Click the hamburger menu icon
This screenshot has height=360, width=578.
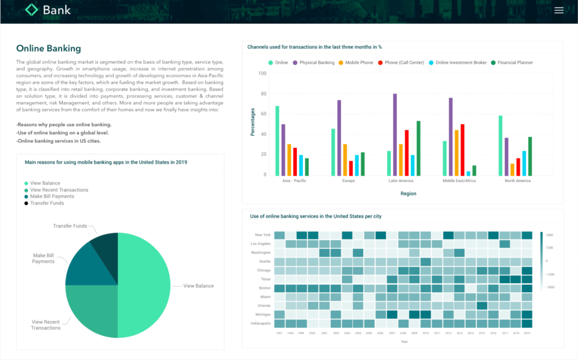[x=559, y=10]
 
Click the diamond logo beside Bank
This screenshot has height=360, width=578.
[x=32, y=10]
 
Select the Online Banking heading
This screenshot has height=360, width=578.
[x=49, y=49]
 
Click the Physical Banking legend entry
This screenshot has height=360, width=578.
[x=313, y=63]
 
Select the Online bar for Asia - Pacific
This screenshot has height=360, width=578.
[x=277, y=141]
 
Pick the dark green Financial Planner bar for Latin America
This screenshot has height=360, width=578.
[x=418, y=148]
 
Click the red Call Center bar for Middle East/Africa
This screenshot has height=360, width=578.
[x=462, y=150]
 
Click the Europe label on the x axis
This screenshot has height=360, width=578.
[x=348, y=181]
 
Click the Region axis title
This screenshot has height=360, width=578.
[x=408, y=194]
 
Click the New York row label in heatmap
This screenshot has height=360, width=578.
[x=262, y=235]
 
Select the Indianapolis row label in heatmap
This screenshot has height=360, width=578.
[x=260, y=323]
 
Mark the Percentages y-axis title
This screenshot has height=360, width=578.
[x=253, y=122]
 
